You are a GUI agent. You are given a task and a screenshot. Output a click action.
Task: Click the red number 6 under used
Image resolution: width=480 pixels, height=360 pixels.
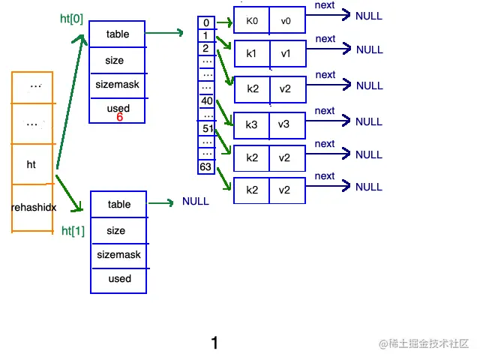[x=120, y=117]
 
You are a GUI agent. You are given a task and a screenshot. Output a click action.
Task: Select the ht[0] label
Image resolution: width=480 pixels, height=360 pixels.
[x=72, y=19]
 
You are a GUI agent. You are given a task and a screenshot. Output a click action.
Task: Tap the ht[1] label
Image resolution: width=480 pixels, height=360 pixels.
[x=73, y=231]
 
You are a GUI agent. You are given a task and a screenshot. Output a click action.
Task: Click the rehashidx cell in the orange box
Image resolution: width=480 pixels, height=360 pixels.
[x=33, y=208]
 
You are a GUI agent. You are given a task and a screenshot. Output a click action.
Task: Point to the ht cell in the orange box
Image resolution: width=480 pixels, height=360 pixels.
[x=31, y=164]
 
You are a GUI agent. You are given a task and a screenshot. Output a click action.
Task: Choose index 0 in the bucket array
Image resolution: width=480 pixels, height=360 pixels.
[x=206, y=22]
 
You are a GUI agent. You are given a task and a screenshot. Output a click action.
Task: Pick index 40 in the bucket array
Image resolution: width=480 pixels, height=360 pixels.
[x=207, y=100]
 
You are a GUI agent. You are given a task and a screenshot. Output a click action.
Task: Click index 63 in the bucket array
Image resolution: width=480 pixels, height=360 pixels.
[x=205, y=166]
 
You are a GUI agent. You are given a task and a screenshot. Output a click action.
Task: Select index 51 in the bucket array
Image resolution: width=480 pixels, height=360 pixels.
[x=208, y=128]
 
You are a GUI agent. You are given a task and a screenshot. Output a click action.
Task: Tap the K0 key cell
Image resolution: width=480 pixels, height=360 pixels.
[x=252, y=20]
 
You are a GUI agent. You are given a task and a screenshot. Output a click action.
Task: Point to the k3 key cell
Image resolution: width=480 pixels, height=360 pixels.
[x=251, y=125]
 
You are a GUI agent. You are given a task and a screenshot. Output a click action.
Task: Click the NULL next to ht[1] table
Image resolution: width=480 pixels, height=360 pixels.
[x=196, y=202]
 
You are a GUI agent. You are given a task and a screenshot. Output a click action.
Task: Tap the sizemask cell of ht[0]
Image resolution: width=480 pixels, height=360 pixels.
[x=117, y=85]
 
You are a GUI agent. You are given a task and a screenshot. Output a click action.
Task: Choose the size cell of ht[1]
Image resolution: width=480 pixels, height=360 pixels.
[x=116, y=230]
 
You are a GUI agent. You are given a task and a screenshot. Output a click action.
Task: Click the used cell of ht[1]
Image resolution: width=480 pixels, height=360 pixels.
[x=120, y=279]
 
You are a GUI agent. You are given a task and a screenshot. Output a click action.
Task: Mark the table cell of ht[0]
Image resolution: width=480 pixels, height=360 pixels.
[x=118, y=34]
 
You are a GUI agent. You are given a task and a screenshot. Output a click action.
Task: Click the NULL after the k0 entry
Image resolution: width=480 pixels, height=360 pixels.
[x=369, y=16]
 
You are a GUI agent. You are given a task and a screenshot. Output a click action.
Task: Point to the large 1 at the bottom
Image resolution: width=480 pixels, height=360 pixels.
[x=214, y=343]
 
